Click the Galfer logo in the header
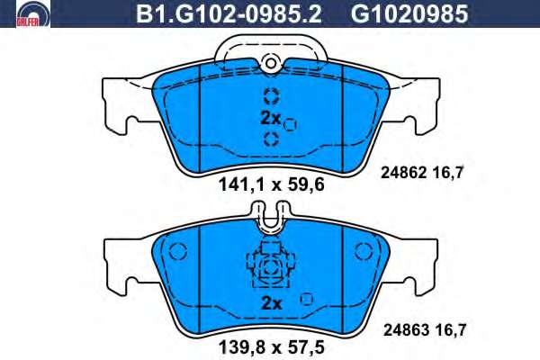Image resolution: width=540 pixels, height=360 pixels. pyautogui.click(x=33, y=13)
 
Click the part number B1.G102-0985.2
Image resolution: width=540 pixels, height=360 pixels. pyautogui.click(x=229, y=14)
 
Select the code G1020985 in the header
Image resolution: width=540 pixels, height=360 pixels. pyautogui.click(x=409, y=14)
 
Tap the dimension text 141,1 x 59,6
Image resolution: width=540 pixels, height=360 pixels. pyautogui.click(x=272, y=185)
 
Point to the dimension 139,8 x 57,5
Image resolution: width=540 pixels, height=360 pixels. pyautogui.click(x=272, y=347)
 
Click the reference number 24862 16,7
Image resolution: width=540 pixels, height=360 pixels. pyautogui.click(x=423, y=173)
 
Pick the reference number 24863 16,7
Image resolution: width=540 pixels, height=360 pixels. pyautogui.click(x=425, y=330)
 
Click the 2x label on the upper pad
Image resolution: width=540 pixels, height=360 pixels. pyautogui.click(x=271, y=118)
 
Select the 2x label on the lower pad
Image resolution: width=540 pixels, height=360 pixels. pyautogui.click(x=272, y=303)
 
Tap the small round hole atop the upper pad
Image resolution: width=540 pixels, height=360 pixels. pyautogui.click(x=271, y=63)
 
